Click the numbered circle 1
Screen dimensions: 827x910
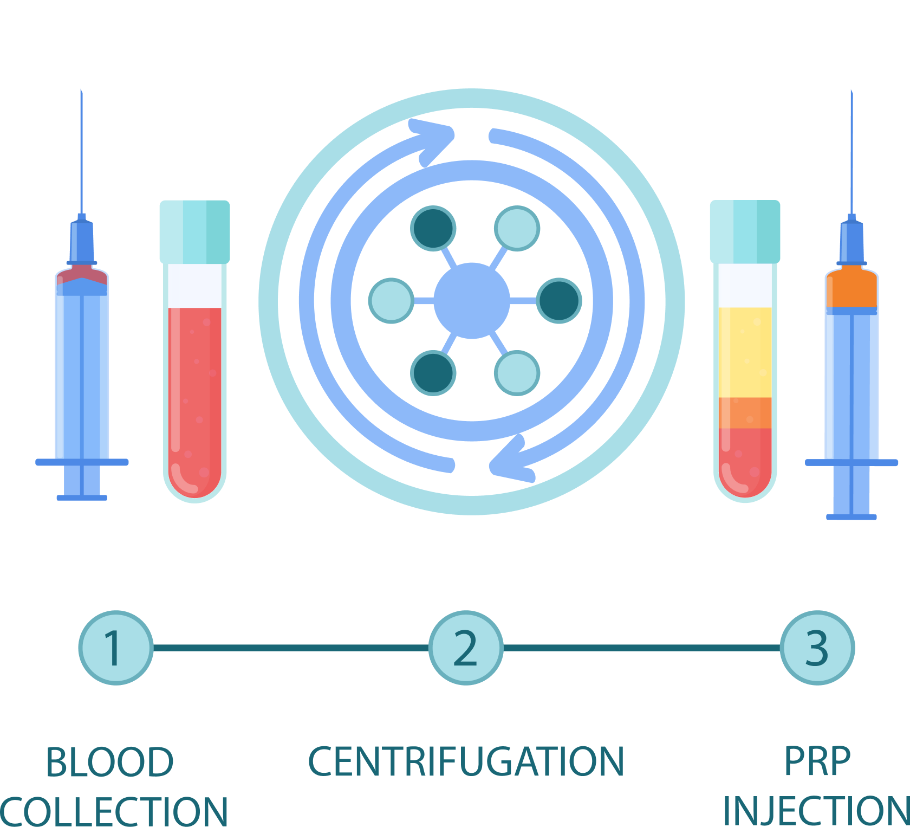point(115,648)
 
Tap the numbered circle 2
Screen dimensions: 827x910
point(466,648)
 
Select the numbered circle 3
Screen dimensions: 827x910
point(817,648)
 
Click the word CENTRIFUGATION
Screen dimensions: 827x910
point(466,761)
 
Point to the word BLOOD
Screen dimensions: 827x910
point(109,762)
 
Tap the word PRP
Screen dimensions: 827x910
point(817,762)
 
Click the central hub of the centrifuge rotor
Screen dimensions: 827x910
point(471,301)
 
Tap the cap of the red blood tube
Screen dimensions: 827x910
point(194,231)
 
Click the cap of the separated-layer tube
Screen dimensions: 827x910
point(745,231)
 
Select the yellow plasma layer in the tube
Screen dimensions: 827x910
point(745,352)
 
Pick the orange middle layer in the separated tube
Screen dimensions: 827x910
point(745,413)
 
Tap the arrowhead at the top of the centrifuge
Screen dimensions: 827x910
point(436,141)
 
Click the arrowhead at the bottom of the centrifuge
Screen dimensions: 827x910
point(509,461)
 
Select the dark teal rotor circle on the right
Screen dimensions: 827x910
point(558,301)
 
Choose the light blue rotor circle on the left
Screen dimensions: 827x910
point(391,301)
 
